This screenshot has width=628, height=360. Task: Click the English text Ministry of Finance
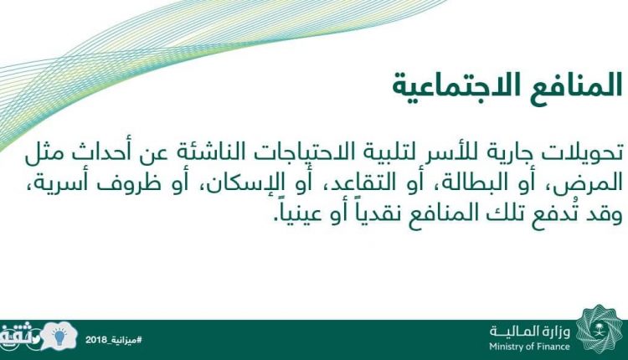529,346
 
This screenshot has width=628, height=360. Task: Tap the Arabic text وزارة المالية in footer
530,332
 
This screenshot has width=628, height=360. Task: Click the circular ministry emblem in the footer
600,330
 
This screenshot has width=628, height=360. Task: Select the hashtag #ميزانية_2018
114,341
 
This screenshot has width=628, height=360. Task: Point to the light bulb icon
59,337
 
